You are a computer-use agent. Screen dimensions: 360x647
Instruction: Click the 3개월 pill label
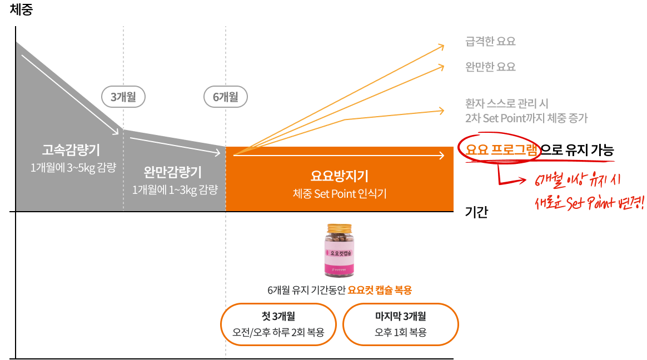click(123, 97)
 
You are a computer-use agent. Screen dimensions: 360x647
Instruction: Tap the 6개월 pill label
click(225, 97)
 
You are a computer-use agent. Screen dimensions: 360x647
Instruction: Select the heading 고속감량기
click(71, 150)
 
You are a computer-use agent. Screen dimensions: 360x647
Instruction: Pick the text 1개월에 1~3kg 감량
click(175, 189)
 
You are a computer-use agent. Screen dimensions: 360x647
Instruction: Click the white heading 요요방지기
click(340, 176)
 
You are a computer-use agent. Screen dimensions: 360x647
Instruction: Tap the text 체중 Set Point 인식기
click(340, 194)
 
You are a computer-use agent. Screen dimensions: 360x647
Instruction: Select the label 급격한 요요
click(490, 42)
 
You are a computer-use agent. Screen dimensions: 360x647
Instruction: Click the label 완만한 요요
click(490, 67)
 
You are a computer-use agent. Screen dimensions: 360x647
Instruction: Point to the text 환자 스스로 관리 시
click(507, 104)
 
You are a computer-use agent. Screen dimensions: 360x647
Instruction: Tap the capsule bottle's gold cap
click(340, 228)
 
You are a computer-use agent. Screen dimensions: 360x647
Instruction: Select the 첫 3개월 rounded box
click(278, 324)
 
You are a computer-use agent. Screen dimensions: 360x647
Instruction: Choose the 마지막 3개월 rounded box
click(400, 324)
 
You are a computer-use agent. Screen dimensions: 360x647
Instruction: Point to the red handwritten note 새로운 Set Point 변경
click(589, 203)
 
